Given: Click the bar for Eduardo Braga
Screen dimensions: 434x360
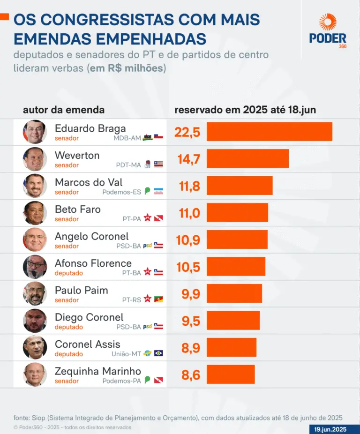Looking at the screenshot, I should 270,132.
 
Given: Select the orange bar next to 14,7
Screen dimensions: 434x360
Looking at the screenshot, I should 247,159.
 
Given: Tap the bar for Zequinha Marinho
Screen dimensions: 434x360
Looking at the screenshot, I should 231,374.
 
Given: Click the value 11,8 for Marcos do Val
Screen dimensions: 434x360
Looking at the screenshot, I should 189,187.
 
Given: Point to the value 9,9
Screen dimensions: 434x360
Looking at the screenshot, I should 190,294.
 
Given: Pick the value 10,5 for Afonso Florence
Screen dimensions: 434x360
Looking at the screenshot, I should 188,267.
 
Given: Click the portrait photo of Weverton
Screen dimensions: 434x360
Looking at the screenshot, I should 35,159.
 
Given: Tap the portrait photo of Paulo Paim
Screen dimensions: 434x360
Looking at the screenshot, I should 35,294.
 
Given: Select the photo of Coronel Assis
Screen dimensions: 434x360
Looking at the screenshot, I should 35,348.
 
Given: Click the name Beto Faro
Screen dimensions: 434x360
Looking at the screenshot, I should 78,210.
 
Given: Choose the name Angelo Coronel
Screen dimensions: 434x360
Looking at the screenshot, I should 91,236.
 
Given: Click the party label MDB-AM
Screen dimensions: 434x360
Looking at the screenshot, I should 127,138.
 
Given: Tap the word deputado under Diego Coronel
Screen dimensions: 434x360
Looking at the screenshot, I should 69,327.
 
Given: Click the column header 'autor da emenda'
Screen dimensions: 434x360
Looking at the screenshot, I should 64,110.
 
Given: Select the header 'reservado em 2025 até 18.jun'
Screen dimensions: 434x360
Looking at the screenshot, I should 245,110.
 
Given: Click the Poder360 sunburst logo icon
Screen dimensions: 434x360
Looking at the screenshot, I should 328,22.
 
